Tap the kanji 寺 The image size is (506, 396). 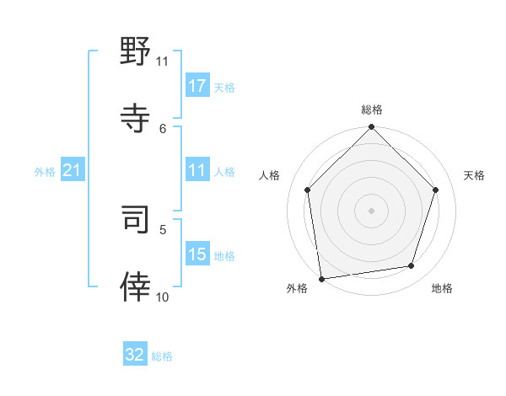coord(136,117)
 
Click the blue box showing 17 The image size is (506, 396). coord(197,86)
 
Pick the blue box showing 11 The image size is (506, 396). coord(197,170)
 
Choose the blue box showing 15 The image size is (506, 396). coord(197,254)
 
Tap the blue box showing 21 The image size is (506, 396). coord(72,170)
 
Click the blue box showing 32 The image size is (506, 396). coord(135,355)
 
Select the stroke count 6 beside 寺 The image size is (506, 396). coord(164,128)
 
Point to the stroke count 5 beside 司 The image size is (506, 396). coord(164,228)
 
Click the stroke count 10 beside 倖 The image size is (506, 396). coord(163,297)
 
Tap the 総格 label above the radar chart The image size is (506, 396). coord(372,110)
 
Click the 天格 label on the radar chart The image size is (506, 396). coord(474,175)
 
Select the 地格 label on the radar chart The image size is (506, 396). coord(442,289)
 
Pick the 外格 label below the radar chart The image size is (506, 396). coord(297,289)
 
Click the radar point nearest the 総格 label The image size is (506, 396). coord(371,128)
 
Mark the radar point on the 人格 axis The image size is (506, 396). coord(307,190)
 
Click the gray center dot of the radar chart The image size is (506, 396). coord(371,210)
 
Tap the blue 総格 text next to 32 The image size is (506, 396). coord(162,356)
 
